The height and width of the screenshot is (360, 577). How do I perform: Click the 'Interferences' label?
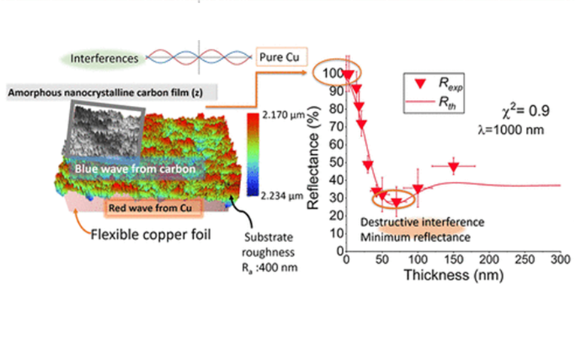pos(104,57)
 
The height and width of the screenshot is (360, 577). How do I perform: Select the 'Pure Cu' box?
pos(278,57)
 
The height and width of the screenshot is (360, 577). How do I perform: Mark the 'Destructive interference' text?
pos(421,223)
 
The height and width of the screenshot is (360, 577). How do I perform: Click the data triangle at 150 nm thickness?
pos(454,167)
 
